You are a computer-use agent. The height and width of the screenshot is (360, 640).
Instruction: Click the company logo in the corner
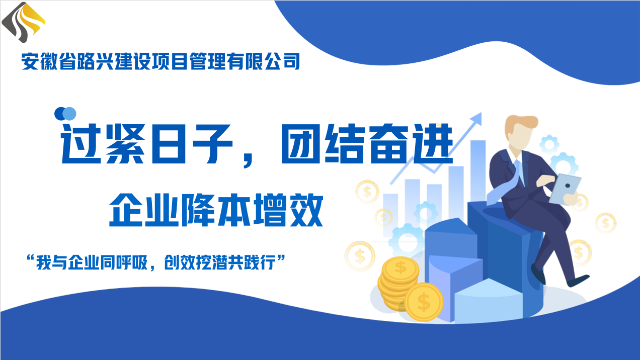click(x=24, y=22)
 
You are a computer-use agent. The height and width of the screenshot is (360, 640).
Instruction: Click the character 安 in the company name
click(x=30, y=61)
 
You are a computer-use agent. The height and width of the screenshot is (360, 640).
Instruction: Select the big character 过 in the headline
click(x=81, y=144)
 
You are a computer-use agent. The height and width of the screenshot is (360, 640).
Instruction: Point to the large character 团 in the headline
click(x=300, y=144)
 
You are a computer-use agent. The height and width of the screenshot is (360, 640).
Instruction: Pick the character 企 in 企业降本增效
click(x=126, y=210)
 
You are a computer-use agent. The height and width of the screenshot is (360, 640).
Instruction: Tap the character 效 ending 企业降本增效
click(x=306, y=210)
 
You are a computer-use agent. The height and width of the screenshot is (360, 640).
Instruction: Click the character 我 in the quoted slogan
click(x=44, y=262)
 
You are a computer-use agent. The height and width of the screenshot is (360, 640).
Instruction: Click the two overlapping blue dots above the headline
click(x=65, y=114)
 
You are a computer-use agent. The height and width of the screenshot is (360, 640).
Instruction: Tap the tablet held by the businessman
click(x=565, y=189)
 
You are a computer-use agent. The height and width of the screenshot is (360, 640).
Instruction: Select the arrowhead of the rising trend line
click(x=476, y=119)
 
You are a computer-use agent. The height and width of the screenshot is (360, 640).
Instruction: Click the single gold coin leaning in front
click(x=424, y=302)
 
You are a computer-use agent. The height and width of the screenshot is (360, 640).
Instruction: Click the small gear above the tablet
click(x=549, y=144)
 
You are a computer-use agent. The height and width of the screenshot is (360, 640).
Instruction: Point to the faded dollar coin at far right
click(x=606, y=223)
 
